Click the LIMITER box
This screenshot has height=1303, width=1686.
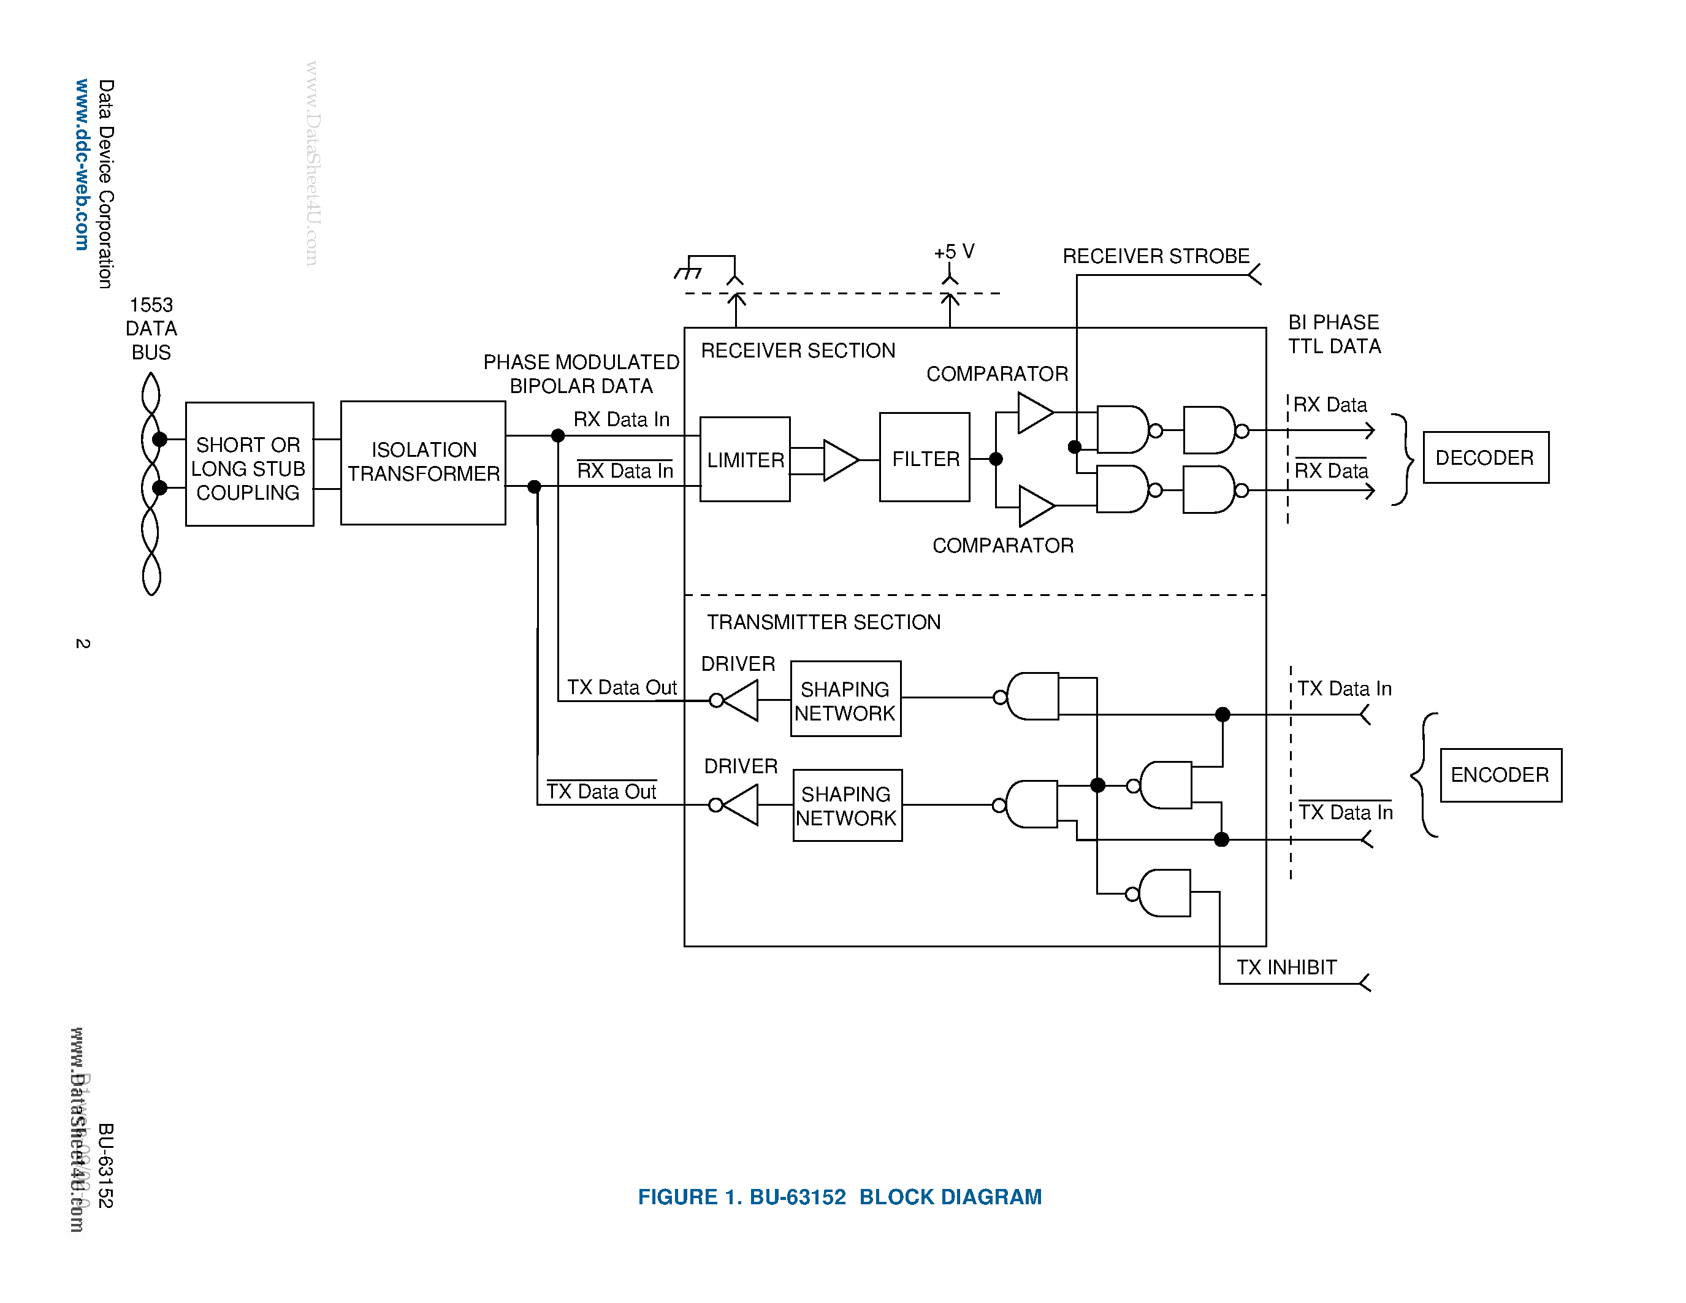tap(744, 459)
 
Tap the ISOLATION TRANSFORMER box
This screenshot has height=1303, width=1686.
tap(423, 462)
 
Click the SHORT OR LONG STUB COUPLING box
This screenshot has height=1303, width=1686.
tap(250, 465)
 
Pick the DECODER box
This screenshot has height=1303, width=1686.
tap(1486, 458)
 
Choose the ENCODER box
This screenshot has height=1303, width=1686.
tap(1500, 775)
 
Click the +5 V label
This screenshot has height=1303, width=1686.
tap(954, 251)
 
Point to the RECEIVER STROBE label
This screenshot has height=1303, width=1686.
tap(1156, 256)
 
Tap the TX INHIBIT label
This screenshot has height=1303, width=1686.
tap(1286, 967)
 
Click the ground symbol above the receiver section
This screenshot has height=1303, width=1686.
tap(689, 272)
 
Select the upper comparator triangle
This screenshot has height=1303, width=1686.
tap(1034, 413)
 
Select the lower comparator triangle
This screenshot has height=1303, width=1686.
tap(1036, 506)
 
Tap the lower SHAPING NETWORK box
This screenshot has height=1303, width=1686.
tap(847, 805)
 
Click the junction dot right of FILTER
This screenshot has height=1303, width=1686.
tap(996, 459)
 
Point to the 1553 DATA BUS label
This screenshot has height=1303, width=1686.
tap(151, 328)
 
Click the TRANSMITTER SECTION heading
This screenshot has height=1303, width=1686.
tap(824, 622)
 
